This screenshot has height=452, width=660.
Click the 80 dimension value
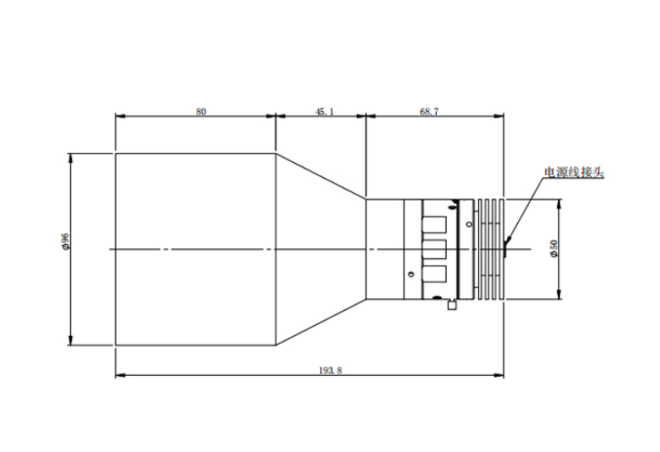(x=201, y=111)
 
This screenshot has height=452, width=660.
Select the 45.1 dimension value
(x=324, y=111)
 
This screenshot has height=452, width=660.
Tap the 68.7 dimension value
(x=429, y=111)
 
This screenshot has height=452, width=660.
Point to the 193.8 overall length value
(x=331, y=370)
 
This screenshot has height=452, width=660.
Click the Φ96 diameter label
(x=65, y=241)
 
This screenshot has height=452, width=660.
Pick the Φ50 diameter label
(x=554, y=248)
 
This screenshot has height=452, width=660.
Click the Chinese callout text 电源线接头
(x=574, y=172)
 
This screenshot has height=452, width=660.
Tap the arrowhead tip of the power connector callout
(x=505, y=244)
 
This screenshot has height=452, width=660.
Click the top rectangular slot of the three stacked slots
(x=434, y=225)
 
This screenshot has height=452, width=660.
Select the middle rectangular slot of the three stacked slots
(x=434, y=249)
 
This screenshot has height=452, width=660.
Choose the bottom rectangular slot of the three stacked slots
(x=434, y=273)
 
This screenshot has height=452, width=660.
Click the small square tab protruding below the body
(x=452, y=305)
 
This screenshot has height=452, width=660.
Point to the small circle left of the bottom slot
(x=411, y=274)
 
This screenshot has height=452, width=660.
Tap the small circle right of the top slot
(x=470, y=224)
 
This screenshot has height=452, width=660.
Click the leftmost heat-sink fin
(x=480, y=249)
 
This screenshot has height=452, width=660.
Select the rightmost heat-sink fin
(x=501, y=249)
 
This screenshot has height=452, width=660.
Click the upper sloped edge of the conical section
(x=321, y=175)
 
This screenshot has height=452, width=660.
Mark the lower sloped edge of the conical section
(x=321, y=322)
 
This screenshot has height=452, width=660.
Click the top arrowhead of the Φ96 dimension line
(x=70, y=159)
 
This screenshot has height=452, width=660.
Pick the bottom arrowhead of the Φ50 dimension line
(x=559, y=294)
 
